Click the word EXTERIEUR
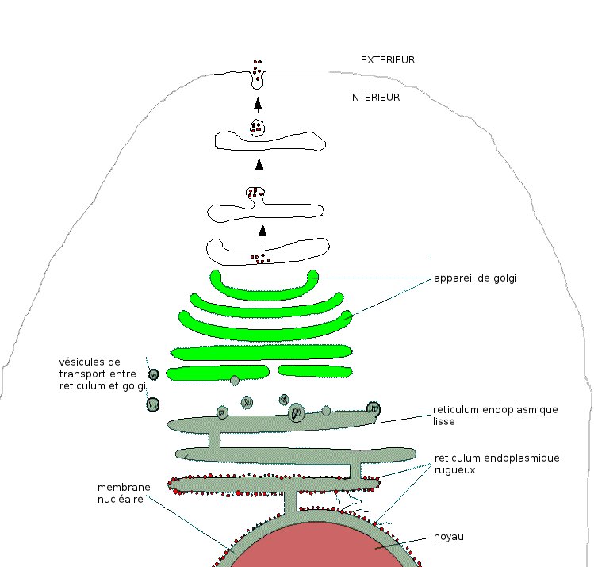tap(388, 59)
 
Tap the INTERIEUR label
tap(374, 98)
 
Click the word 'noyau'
tap(448, 537)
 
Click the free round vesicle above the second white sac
tap(257, 127)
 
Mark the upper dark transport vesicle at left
tap(154, 374)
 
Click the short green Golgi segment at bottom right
tap(316, 370)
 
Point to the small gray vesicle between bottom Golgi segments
tap(234, 381)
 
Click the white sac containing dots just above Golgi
tap(266, 250)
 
